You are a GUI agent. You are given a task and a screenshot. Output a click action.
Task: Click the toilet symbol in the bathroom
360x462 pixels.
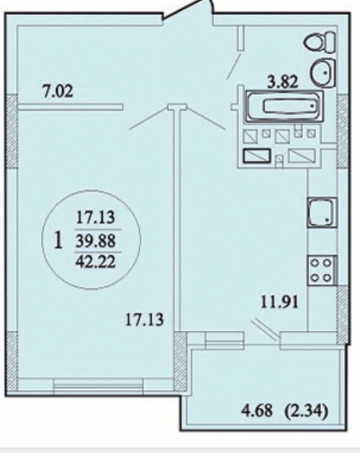pos(320,43)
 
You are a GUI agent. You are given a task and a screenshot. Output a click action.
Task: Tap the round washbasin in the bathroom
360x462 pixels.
pos(323,73)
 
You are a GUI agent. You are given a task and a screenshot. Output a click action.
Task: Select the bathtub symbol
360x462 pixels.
pos(284,106)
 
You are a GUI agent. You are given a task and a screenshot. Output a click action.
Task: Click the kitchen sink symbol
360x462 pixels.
pos(322,213)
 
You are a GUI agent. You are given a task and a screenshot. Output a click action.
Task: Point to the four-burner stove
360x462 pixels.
pos(322,270)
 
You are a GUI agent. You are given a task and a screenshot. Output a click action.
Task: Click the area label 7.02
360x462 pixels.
pos(58,91)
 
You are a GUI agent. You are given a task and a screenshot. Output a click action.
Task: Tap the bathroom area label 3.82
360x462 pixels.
pos(282,81)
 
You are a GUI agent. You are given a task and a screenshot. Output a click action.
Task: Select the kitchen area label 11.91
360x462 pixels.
pos(280,302)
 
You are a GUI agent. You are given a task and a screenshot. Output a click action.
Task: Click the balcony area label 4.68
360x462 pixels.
pos(257,410)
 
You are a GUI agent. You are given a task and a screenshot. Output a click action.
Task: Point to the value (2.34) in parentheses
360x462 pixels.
pos(306,410)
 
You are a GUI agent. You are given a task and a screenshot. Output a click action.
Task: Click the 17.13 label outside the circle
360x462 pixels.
pos(144,319)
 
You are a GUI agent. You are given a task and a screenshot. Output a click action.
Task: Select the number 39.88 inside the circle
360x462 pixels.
pos(96,241)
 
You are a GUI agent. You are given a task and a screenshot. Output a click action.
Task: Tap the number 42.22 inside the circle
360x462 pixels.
pos(96,262)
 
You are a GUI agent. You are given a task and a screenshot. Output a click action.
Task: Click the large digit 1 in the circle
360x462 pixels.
pos(58,240)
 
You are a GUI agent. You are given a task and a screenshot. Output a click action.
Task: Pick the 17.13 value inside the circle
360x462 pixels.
pos(95,218)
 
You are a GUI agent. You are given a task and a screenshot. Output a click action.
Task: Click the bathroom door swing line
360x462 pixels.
pos(234,66)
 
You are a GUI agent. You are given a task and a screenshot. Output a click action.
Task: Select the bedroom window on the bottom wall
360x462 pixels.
pos(99,386)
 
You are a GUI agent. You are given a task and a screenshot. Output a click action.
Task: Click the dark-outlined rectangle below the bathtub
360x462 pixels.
pos(257,156)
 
